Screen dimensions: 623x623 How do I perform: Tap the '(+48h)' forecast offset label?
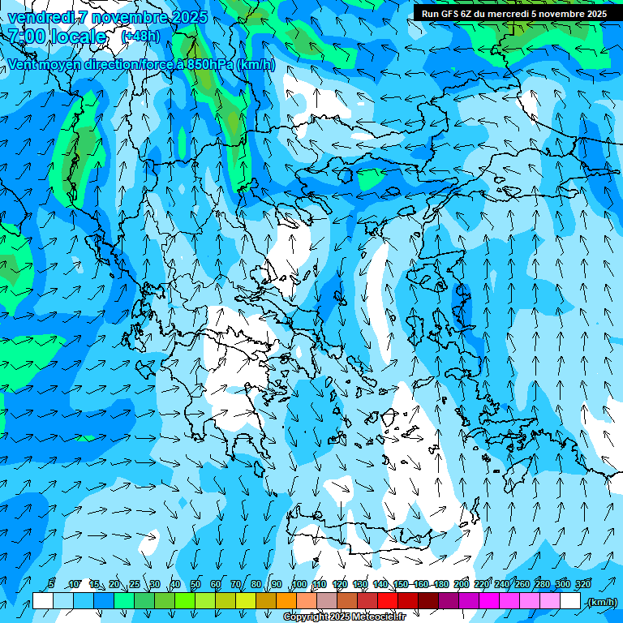(x=140, y=36)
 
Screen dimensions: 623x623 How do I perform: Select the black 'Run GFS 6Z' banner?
(x=513, y=13)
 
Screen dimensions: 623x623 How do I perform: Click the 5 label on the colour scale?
(x=52, y=584)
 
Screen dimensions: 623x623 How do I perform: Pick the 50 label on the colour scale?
(x=195, y=584)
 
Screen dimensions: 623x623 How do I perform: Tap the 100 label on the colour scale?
(x=299, y=584)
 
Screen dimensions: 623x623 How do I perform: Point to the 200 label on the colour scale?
(x=462, y=584)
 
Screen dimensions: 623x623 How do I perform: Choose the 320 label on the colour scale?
(x=583, y=584)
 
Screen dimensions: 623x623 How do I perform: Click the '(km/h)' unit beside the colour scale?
(x=602, y=602)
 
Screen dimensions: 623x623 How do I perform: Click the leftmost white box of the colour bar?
(x=43, y=601)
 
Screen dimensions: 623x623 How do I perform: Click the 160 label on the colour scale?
(x=421, y=584)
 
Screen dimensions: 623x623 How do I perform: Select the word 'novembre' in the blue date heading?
(x=122, y=17)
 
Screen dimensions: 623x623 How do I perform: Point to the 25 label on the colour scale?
(x=134, y=584)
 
